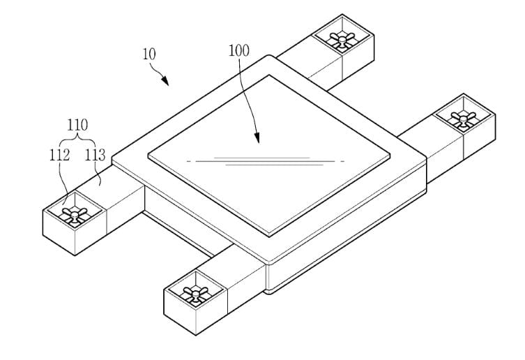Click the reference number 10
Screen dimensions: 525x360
pos(149,54)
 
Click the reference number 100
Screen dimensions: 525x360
pos(238,51)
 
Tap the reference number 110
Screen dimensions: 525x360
pos(77,125)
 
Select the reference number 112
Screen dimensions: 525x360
pos(59,155)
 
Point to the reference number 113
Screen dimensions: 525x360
pos(95,155)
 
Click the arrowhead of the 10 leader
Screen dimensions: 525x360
pos(165,81)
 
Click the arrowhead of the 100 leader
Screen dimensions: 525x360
pos(257,137)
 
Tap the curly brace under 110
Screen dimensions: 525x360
pos(77,137)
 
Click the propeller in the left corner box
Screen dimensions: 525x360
pos(75,214)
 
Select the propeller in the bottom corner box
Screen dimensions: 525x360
pos(195,294)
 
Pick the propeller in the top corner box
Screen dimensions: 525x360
pos(342,40)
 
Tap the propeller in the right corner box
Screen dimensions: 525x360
pos(463,119)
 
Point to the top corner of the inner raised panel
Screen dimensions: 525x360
pos(269,75)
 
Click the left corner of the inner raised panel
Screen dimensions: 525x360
pos(148,155)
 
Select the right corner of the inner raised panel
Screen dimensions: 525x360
pos(390,155)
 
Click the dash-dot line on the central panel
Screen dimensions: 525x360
pos(266,161)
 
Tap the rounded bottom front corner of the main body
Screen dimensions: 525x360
pos(268,291)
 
